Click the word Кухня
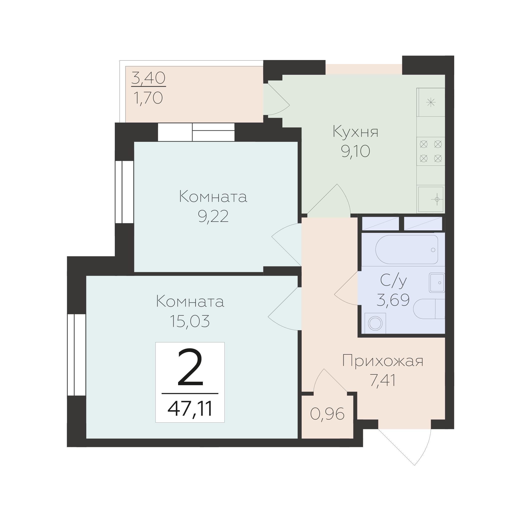(355, 132)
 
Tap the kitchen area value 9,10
(355, 151)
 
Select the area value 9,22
(213, 216)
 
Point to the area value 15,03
(190, 321)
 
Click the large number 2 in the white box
(190, 367)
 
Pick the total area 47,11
(190, 408)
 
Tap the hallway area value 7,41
(383, 381)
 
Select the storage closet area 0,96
(327, 414)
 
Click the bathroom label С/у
(393, 280)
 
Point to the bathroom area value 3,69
(393, 300)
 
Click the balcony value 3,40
(148, 78)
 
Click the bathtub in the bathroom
(407, 249)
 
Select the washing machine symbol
(375, 323)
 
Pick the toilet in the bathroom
(429, 309)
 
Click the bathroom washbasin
(437, 283)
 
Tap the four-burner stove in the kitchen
(431, 151)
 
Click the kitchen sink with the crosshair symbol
(431, 199)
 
